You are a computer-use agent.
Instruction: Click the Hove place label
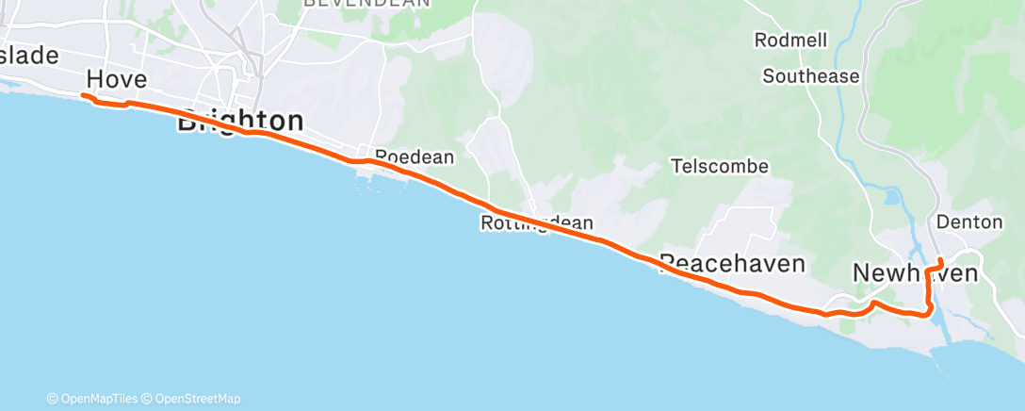tap(118, 78)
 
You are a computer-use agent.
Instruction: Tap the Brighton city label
tap(241, 121)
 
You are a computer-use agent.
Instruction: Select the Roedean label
tap(415, 156)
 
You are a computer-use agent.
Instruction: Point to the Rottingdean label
tap(537, 223)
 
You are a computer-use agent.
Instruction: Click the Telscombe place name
tap(719, 167)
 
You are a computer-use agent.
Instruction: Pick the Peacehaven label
tap(733, 263)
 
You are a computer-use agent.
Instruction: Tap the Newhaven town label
tap(915, 272)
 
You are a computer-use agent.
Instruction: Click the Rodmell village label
tap(790, 41)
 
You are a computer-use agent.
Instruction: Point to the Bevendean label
tap(367, 4)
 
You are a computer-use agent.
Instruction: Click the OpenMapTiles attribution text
tap(95, 399)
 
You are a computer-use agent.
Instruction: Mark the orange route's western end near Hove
tap(83, 96)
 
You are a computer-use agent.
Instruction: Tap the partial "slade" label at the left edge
tap(28, 55)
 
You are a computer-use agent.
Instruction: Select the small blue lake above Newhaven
tap(892, 198)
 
